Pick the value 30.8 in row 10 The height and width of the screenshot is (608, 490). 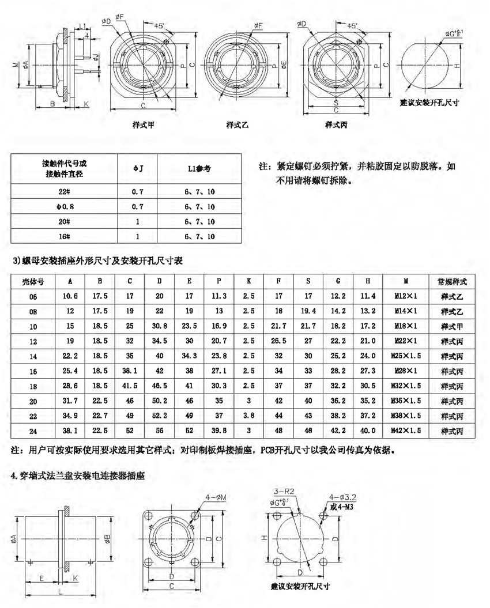[160, 326]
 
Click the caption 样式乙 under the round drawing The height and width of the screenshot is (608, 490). [238, 124]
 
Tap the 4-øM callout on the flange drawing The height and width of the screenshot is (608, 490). [216, 496]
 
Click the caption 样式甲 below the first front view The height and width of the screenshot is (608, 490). [143, 124]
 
